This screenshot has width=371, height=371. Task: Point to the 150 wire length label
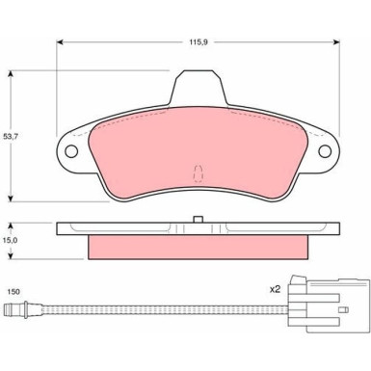pos(13,289)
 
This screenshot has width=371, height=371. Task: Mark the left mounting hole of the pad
pos(70,151)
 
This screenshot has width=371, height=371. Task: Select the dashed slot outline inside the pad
pos(198,173)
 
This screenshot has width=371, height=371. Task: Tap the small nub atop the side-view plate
pos(197,221)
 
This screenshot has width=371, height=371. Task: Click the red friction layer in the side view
pos(197,247)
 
